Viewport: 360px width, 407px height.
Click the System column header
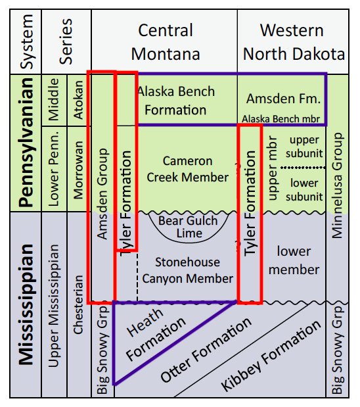pyautogui.click(x=26, y=41)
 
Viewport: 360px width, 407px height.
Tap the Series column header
pyautogui.click(x=66, y=41)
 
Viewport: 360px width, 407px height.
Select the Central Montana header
pyautogui.click(x=166, y=42)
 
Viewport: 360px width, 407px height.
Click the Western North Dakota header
pyautogui.click(x=294, y=42)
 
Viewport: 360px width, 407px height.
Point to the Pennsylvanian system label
pyautogui.click(x=26, y=142)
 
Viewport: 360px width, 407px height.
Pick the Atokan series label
pyautogui.click(x=78, y=100)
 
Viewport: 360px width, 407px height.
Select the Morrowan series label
pyautogui.click(x=78, y=170)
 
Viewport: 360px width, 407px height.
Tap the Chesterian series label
pyautogui.click(x=78, y=304)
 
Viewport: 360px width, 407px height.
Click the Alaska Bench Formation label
pyautogui.click(x=176, y=101)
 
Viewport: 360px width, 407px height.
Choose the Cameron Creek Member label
pyautogui.click(x=187, y=169)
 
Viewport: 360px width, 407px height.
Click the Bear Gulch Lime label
pyautogui.click(x=188, y=227)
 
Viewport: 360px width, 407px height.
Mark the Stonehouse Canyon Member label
pyautogui.click(x=187, y=270)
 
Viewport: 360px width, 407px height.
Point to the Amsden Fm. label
pyautogui.click(x=284, y=99)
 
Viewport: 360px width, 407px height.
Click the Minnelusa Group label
pyautogui.click(x=337, y=185)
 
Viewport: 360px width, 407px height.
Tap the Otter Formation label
pyautogui.click(x=206, y=350)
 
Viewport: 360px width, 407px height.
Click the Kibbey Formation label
pyautogui.click(x=271, y=356)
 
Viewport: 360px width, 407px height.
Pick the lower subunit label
pyautogui.click(x=304, y=190)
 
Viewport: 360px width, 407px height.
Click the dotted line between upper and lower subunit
pyautogui.click(x=303, y=168)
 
